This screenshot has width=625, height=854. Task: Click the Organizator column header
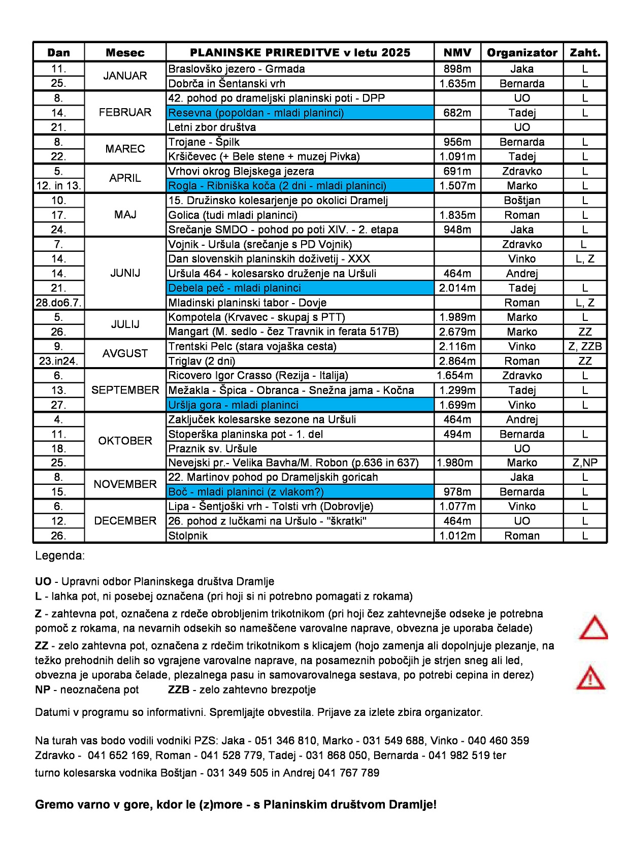click(521, 52)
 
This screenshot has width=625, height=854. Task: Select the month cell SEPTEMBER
click(125, 390)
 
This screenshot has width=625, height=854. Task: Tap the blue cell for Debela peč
click(300, 288)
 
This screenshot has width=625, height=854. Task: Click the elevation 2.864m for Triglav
click(457, 361)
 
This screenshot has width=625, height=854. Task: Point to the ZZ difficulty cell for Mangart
click(585, 332)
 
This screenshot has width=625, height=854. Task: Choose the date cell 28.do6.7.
click(58, 303)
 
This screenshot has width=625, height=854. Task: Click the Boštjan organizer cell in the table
click(521, 201)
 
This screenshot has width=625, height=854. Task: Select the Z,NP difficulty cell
click(585, 463)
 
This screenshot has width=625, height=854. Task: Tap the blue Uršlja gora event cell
click(300, 405)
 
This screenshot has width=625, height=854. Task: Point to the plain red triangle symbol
click(593, 628)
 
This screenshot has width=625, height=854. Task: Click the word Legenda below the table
click(59, 555)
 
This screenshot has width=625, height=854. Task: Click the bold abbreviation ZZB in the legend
click(179, 689)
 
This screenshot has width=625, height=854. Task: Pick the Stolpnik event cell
click(300, 536)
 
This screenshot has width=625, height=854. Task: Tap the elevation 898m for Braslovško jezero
click(457, 69)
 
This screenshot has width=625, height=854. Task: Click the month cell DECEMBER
click(125, 521)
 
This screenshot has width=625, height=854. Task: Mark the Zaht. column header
click(585, 52)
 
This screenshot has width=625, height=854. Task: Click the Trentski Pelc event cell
click(300, 346)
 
